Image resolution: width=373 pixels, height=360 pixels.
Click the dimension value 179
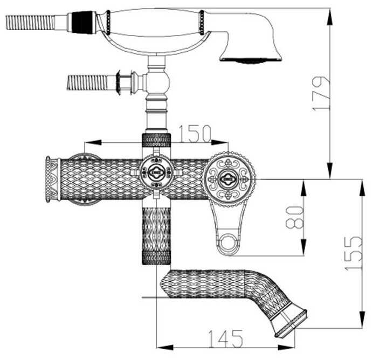pyautogui.click(x=321, y=93)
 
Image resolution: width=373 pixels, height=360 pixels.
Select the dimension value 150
pyautogui.click(x=195, y=134)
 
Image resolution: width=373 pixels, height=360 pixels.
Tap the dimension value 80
pyautogui.click(x=295, y=217)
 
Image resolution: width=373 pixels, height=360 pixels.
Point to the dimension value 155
pyautogui.click(x=354, y=253)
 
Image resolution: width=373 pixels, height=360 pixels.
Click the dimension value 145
pyautogui.click(x=225, y=338)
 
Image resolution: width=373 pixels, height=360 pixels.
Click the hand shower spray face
pyautogui.click(x=251, y=60)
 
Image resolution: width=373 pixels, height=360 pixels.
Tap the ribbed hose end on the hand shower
pyautogui.click(x=30, y=23)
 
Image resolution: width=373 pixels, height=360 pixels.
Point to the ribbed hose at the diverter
pyautogui.click(x=87, y=82)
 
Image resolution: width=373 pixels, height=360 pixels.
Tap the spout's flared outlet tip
pyautogui.click(x=291, y=323)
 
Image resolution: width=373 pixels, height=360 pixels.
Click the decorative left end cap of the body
pyautogui.click(x=52, y=179)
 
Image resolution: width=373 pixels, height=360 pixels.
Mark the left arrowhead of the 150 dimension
pyautogui.click(x=93, y=143)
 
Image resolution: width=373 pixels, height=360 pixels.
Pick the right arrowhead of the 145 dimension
pyautogui.click(x=286, y=348)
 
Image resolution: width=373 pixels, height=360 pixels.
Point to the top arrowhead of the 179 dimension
pyautogui.click(x=330, y=17)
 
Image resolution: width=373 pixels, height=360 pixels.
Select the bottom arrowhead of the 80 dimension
pyautogui.click(x=304, y=247)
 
